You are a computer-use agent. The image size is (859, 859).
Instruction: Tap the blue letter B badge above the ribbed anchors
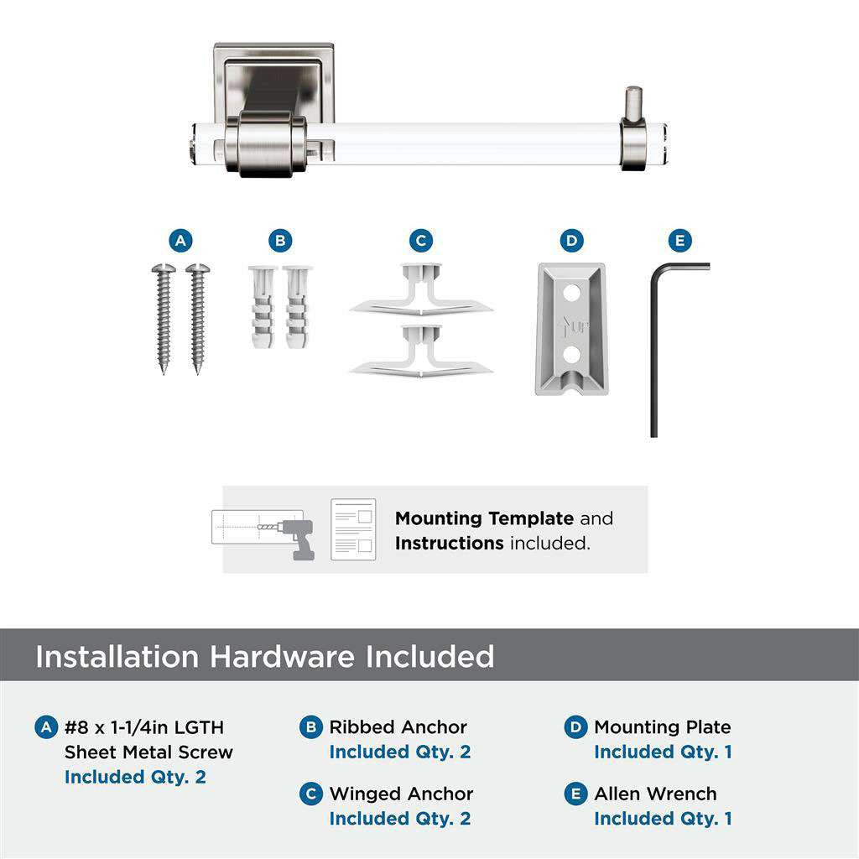(281, 242)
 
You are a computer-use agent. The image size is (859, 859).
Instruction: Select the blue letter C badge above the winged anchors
(421, 242)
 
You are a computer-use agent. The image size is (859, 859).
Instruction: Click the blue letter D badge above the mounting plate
(571, 242)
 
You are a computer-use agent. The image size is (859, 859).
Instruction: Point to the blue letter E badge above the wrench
(680, 242)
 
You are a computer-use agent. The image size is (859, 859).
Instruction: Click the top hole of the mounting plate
(570, 294)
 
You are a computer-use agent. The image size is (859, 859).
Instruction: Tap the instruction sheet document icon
(352, 529)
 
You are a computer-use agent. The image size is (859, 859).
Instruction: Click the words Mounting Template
(484, 518)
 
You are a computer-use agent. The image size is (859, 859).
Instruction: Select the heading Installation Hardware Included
(264, 656)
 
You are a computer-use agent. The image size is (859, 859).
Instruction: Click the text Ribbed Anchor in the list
(398, 727)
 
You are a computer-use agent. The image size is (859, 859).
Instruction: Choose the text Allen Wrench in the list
(655, 794)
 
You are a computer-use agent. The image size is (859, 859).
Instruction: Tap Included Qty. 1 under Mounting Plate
(663, 752)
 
